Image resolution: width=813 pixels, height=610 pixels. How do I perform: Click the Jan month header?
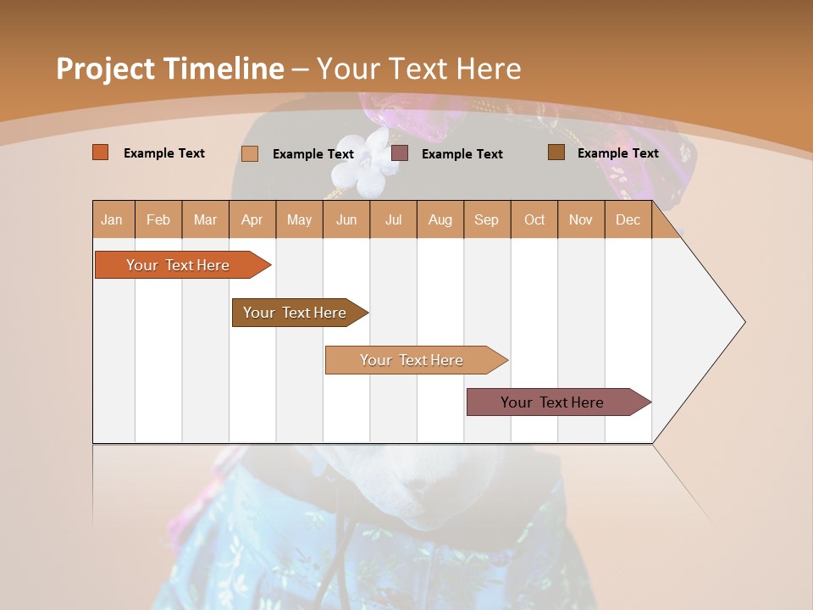(x=113, y=219)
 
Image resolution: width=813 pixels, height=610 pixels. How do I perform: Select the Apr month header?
(x=252, y=219)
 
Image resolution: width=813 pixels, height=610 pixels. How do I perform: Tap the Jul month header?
(x=393, y=219)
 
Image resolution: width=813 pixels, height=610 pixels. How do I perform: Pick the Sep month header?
(x=486, y=219)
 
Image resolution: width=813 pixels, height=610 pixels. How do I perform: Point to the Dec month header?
(x=628, y=219)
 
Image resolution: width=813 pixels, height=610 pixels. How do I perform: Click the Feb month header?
(x=158, y=219)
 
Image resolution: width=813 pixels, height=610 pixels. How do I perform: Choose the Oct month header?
(x=534, y=219)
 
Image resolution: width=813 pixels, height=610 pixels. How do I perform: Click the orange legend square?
(x=101, y=152)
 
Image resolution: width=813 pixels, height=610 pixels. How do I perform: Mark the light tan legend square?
(x=250, y=153)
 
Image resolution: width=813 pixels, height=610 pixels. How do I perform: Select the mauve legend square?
(x=400, y=153)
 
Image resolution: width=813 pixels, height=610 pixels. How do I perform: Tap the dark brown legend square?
(x=556, y=152)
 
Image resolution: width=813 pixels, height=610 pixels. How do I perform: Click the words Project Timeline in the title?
(x=169, y=69)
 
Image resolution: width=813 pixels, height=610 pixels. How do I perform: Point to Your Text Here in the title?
(x=419, y=69)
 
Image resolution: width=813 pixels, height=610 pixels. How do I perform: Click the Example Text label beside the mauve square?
(x=462, y=154)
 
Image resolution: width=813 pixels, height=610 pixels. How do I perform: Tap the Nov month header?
(x=580, y=219)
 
